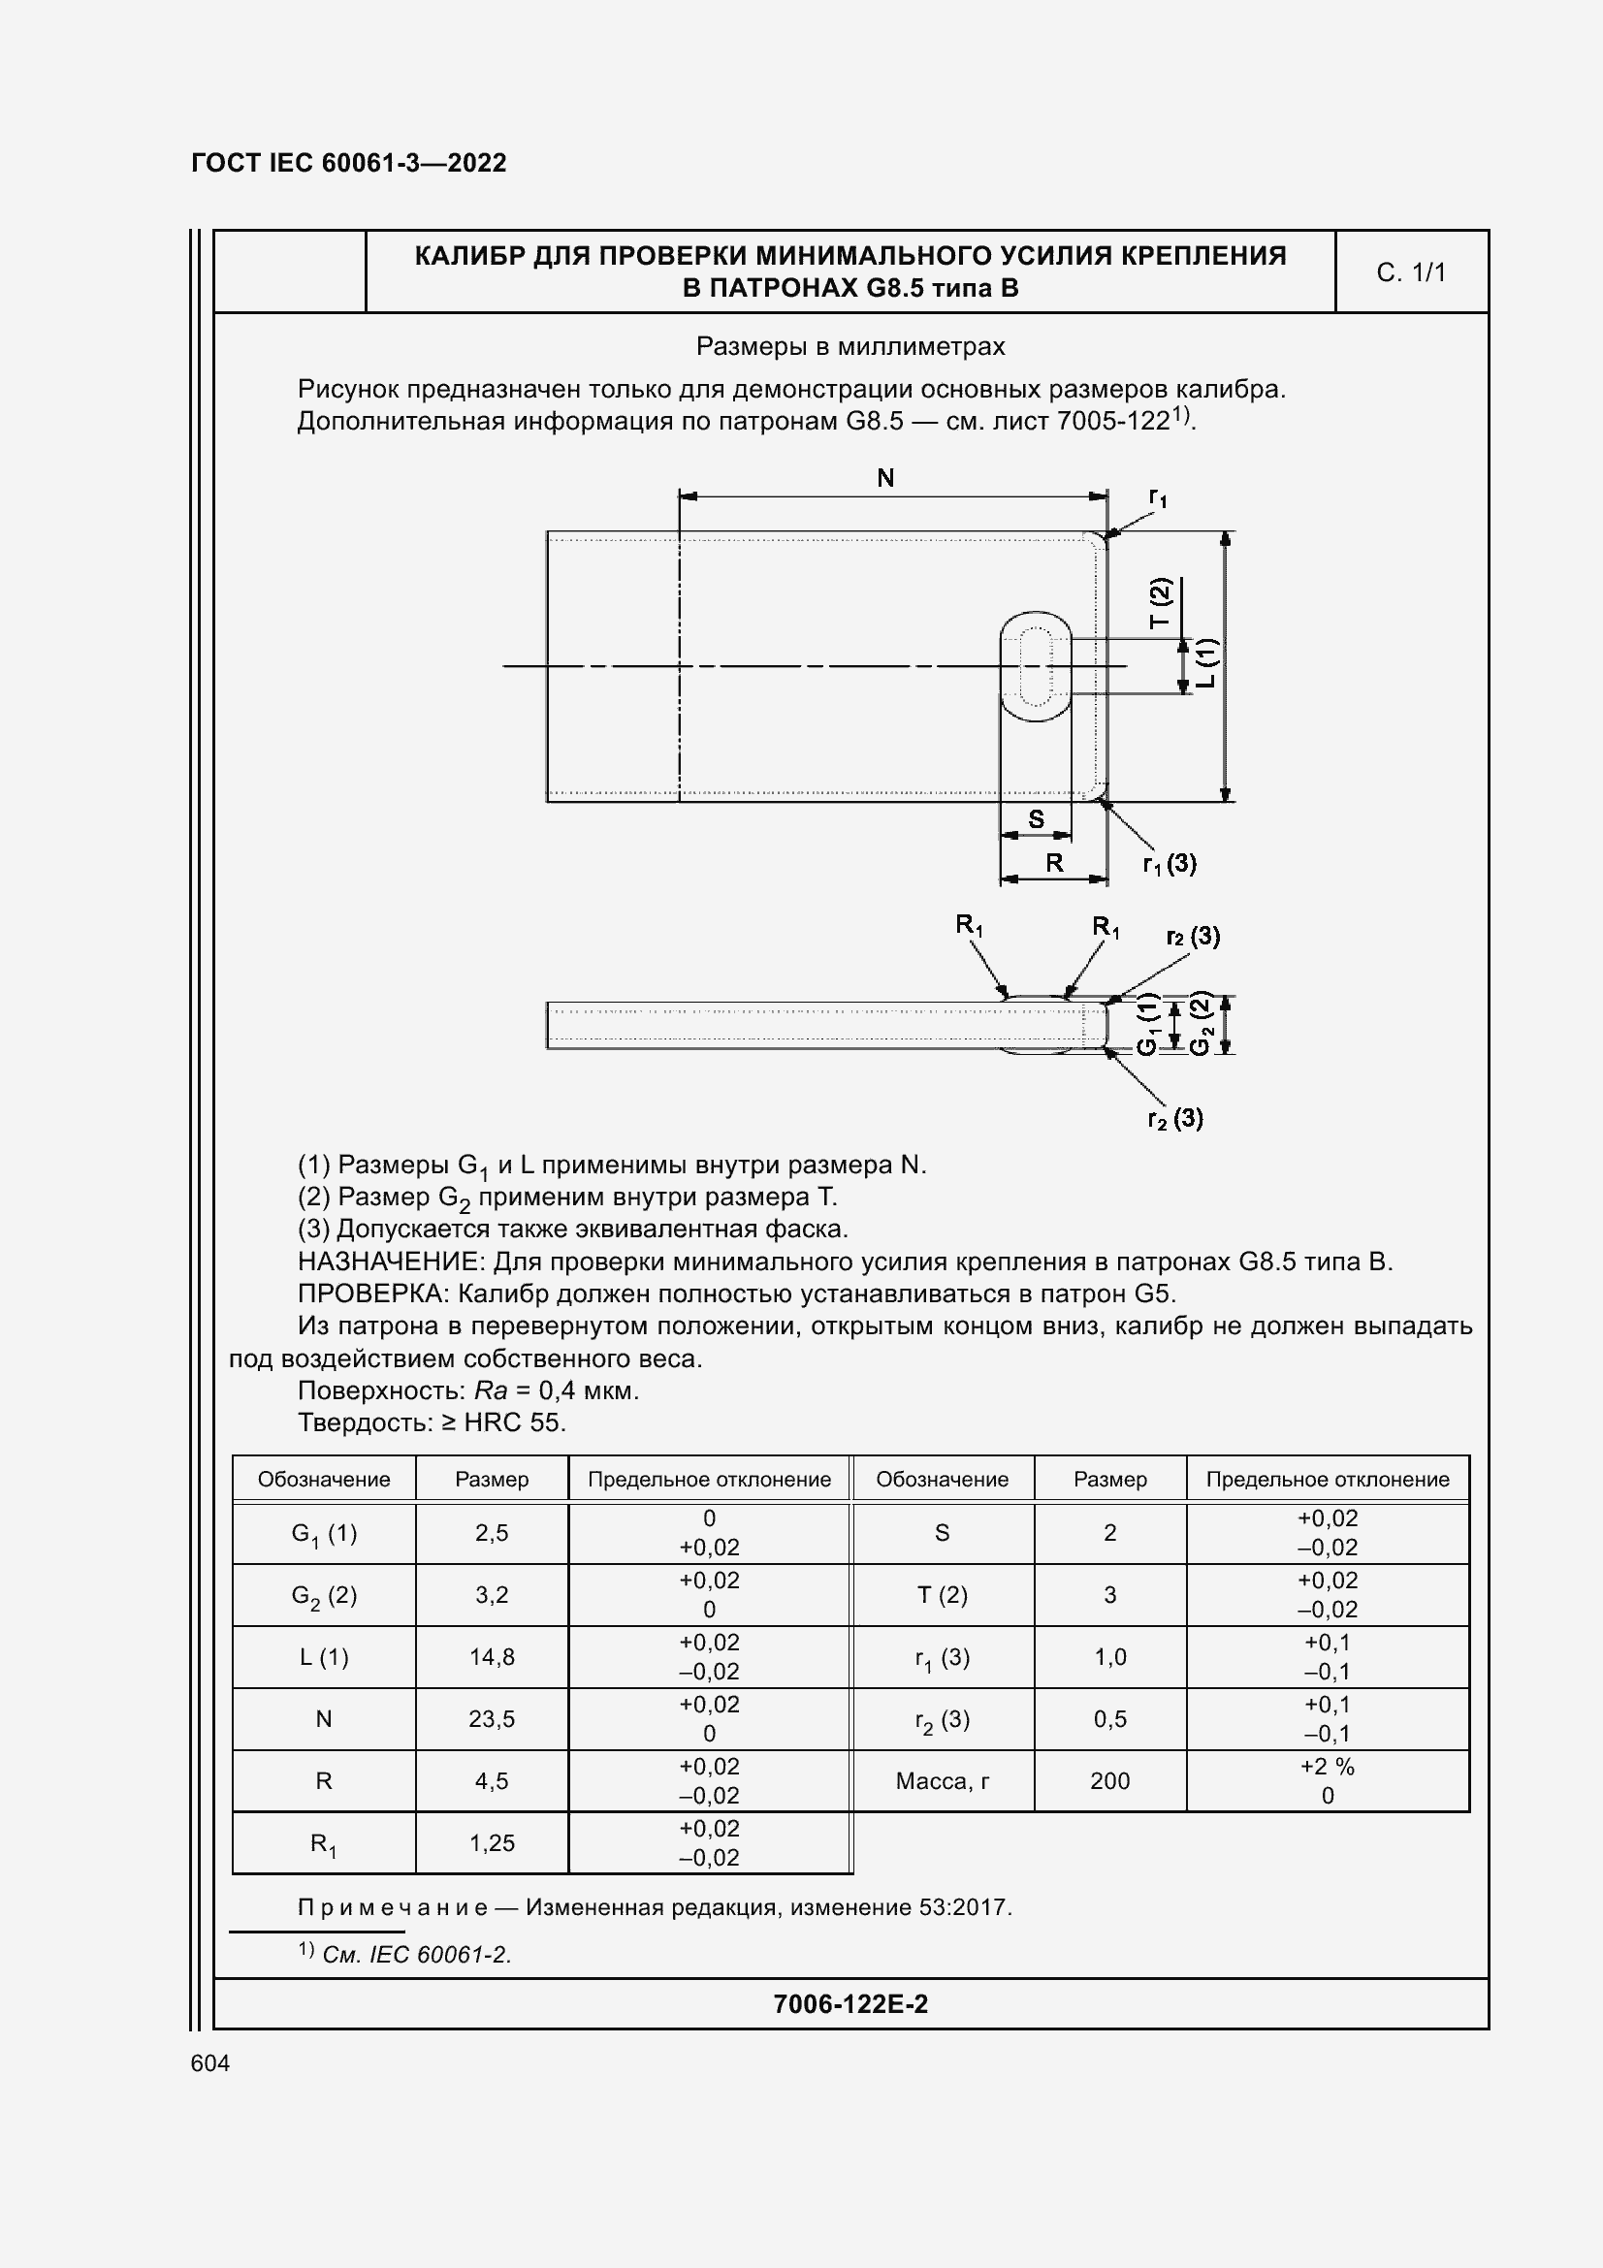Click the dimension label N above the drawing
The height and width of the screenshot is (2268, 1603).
click(x=885, y=478)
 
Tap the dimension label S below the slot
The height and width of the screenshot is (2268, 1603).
click(x=1036, y=819)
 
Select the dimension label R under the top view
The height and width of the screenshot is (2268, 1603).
click(x=1054, y=862)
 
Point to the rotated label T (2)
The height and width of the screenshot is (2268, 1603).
click(x=1160, y=602)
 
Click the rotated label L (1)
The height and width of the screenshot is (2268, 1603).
click(x=1207, y=663)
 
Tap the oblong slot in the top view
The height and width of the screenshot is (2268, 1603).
click(x=1035, y=665)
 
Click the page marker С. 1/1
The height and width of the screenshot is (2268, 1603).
click(x=1410, y=272)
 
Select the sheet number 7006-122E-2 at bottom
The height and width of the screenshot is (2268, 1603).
click(x=850, y=2003)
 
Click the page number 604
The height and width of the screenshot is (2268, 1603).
click(x=210, y=2062)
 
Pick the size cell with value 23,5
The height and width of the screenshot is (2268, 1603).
click(x=492, y=1719)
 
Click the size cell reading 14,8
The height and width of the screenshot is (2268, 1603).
click(x=492, y=1656)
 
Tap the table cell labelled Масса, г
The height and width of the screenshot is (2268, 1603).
click(x=943, y=1781)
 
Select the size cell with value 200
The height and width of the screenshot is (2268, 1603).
click(x=1109, y=1781)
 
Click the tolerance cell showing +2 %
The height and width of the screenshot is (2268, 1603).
click(x=1327, y=1766)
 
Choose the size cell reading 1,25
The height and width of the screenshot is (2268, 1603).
click(x=492, y=1843)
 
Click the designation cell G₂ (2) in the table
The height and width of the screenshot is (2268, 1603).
click(x=324, y=1595)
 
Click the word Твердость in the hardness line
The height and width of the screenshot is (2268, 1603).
click(x=360, y=1422)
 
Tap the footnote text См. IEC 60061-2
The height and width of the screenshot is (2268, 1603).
click(x=416, y=1954)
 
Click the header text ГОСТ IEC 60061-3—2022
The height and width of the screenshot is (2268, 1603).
click(x=349, y=163)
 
